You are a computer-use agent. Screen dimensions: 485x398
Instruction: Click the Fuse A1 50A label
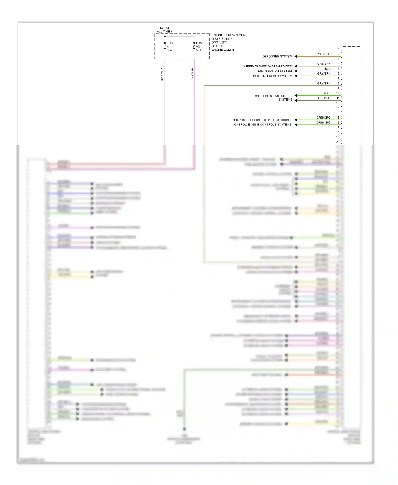[171, 46]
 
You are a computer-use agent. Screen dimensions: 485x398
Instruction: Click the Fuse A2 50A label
[200, 46]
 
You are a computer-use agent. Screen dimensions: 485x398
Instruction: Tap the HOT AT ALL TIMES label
[164, 29]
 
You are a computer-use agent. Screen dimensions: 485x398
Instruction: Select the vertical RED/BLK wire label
[162, 74]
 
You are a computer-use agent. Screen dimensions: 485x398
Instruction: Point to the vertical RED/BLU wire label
[192, 74]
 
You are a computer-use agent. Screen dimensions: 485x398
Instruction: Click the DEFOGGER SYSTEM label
[277, 56]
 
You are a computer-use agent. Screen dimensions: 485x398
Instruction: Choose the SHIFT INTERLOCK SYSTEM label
[272, 76]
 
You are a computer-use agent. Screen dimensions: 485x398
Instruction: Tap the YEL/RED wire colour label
[324, 54]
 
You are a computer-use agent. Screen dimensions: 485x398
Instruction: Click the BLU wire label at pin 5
[328, 69]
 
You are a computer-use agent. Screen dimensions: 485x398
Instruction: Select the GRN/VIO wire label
[324, 98]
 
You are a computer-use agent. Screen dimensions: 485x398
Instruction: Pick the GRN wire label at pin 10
[327, 93]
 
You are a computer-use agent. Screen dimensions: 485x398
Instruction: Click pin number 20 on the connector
[338, 142]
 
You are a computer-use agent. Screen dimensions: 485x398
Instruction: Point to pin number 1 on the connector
[339, 49]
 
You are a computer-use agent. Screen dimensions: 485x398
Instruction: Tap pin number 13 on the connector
[338, 108]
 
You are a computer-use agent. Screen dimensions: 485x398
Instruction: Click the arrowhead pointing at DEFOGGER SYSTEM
[296, 56]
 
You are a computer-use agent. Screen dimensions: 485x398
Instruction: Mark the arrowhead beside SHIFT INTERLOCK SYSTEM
[296, 76]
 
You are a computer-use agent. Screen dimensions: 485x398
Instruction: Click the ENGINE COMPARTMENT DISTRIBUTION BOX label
[229, 42]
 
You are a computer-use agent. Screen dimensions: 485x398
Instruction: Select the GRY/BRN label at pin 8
[324, 83]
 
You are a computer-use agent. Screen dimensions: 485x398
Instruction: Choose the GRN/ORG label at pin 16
[323, 123]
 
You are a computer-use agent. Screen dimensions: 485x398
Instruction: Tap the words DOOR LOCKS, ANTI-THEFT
[273, 96]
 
